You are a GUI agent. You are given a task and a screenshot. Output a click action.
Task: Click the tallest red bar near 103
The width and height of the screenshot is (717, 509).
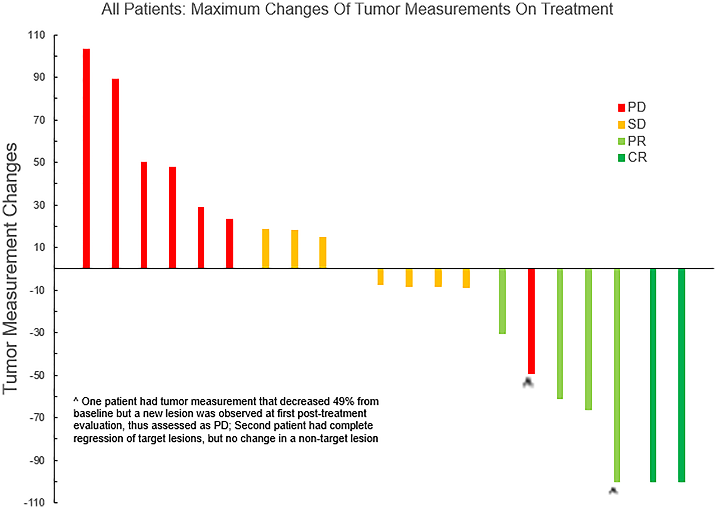click(86, 158)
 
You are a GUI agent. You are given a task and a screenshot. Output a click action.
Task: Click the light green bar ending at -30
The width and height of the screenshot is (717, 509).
click(502, 301)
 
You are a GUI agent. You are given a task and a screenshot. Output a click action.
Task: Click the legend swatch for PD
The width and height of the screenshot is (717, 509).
click(621, 107)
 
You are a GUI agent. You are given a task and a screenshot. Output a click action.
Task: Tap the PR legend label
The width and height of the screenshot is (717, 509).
click(637, 141)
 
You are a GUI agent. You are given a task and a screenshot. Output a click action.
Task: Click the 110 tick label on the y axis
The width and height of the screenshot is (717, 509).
click(36, 35)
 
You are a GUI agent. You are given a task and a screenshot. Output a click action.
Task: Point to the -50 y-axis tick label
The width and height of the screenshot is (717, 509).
click(37, 375)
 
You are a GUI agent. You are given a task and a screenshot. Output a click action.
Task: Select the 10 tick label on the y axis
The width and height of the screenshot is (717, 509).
click(39, 247)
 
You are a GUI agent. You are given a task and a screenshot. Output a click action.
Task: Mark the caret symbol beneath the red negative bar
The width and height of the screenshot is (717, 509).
click(528, 383)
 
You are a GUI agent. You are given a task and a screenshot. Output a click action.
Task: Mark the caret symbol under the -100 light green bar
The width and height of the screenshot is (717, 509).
click(613, 491)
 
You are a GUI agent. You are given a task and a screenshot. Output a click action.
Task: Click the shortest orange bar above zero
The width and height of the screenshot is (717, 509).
click(323, 252)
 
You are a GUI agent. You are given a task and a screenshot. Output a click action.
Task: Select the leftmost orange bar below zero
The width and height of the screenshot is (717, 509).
click(380, 277)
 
